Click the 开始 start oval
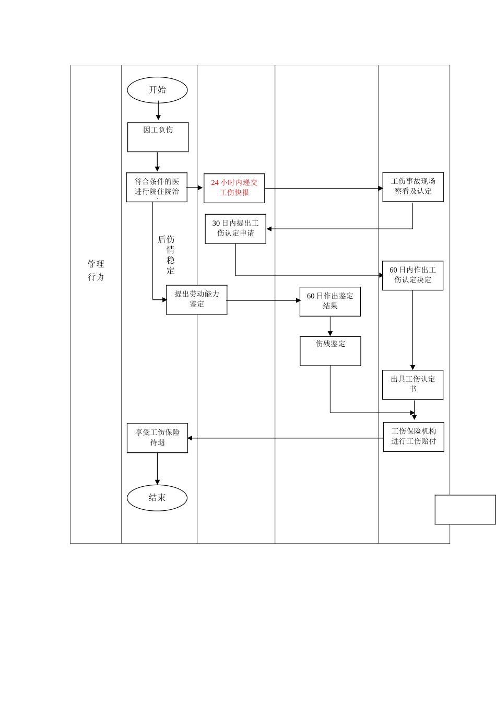click(157, 90)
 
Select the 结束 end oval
click(157, 498)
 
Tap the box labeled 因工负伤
click(158, 137)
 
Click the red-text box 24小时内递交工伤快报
click(234, 188)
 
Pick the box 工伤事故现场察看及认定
click(413, 187)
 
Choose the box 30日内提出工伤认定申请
click(235, 229)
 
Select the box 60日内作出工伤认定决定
click(412, 275)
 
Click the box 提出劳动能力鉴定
click(197, 299)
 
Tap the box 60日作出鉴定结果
click(330, 301)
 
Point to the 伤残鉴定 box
click(330, 351)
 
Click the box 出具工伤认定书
click(412, 385)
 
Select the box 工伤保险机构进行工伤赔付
click(414, 437)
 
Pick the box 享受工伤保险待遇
click(157, 438)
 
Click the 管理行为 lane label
click(96, 271)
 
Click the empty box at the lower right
click(465, 509)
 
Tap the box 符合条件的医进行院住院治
click(157, 188)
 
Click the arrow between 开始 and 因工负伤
click(158, 111)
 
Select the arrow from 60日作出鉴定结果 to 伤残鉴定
click(330, 326)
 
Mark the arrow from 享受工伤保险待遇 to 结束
click(157, 469)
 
